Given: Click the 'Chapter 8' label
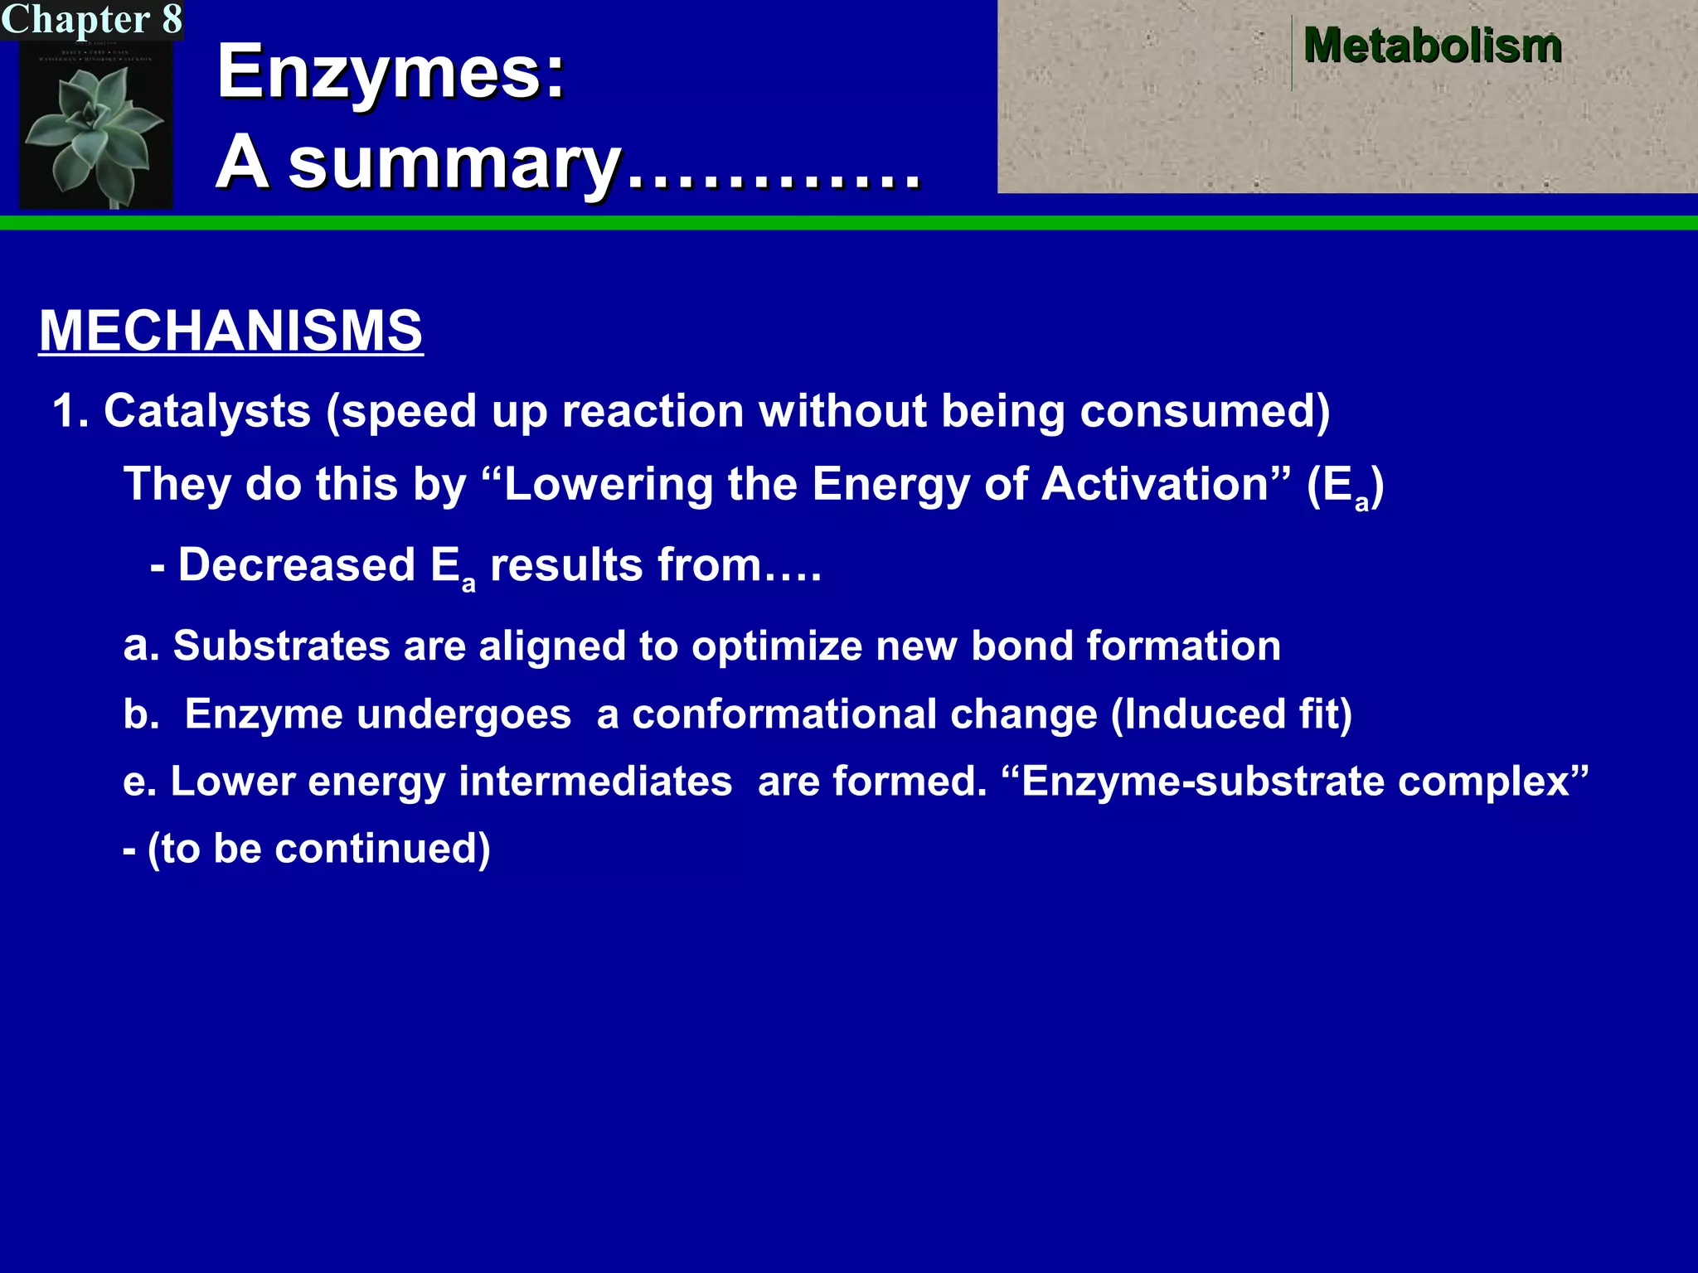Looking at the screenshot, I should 91,20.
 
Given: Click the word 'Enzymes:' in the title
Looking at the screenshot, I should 391,72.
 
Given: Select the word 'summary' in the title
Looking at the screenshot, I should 455,163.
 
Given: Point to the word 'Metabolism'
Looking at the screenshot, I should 1432,46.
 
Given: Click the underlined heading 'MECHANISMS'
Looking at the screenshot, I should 230,331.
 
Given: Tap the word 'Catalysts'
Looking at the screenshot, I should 207,411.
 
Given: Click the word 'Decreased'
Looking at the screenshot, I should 296,565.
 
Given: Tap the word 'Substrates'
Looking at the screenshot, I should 281,646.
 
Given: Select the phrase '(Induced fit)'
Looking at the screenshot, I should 1231,714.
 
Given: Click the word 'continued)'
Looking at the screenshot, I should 382,849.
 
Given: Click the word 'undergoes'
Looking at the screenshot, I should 377,714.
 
